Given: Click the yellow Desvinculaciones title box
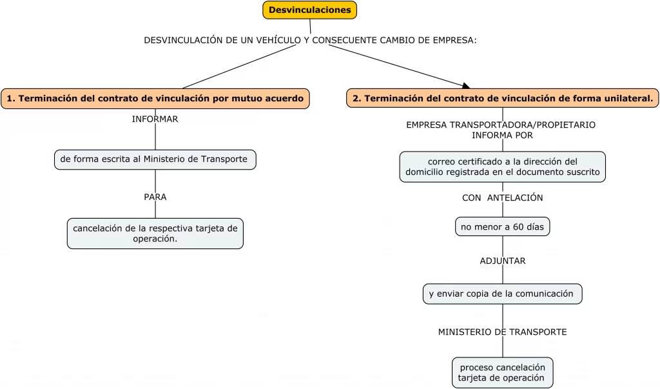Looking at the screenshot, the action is click(x=310, y=10).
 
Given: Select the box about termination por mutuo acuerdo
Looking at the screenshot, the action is click(x=155, y=99).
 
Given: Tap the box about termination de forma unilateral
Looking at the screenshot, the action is click(x=503, y=98).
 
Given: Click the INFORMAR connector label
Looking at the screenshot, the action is click(x=155, y=119).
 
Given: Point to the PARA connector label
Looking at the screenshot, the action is click(x=155, y=197).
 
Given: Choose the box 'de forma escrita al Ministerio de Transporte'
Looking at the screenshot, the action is click(x=155, y=159).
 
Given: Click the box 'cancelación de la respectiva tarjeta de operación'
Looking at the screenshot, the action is click(x=155, y=234).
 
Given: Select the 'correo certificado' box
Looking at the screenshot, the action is click(x=503, y=167).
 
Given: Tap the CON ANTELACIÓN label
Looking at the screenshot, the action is click(x=503, y=197).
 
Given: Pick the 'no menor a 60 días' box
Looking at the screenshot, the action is click(x=503, y=226).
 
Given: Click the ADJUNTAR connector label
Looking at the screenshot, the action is click(x=503, y=261).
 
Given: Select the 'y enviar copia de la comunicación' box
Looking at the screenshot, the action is click(x=503, y=294).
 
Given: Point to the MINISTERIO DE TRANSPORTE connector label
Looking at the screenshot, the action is click(x=503, y=332).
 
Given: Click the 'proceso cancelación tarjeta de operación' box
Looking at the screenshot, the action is click(x=503, y=373).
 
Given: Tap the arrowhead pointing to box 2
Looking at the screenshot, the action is click(x=466, y=86).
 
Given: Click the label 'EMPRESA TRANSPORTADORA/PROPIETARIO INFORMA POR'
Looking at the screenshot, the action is click(x=501, y=130).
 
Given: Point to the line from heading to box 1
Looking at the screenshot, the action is click(x=240, y=66).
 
